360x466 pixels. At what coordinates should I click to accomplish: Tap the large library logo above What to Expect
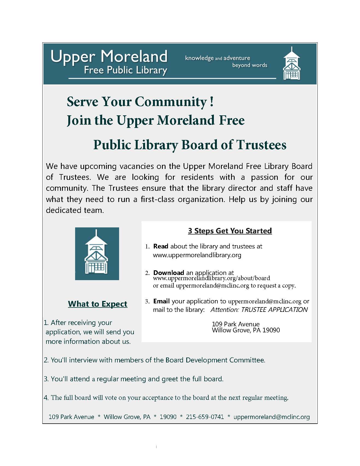(97, 253)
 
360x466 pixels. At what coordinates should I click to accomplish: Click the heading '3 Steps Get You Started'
(230, 231)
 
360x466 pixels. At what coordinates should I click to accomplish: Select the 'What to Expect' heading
(98, 304)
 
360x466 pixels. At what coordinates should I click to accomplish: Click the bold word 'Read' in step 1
(161, 246)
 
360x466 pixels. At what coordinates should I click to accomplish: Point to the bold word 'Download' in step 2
(169, 272)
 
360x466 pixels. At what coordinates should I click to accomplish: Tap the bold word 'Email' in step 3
(161, 301)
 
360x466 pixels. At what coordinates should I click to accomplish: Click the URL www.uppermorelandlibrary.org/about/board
(211, 278)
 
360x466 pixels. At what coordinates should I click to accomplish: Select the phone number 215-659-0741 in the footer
(205, 417)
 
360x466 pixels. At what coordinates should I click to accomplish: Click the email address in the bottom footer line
(272, 417)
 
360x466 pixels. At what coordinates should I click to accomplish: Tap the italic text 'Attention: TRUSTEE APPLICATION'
(259, 309)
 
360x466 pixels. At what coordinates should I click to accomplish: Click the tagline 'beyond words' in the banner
(250, 65)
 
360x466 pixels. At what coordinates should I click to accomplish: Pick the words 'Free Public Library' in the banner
(125, 70)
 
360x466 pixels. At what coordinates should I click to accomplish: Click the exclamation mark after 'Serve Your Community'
(212, 102)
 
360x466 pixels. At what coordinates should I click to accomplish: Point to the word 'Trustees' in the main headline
(261, 145)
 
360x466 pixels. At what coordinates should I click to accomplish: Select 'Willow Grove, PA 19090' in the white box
(246, 330)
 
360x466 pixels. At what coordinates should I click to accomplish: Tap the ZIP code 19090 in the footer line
(168, 417)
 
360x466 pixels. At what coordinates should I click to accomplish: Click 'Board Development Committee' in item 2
(225, 360)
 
